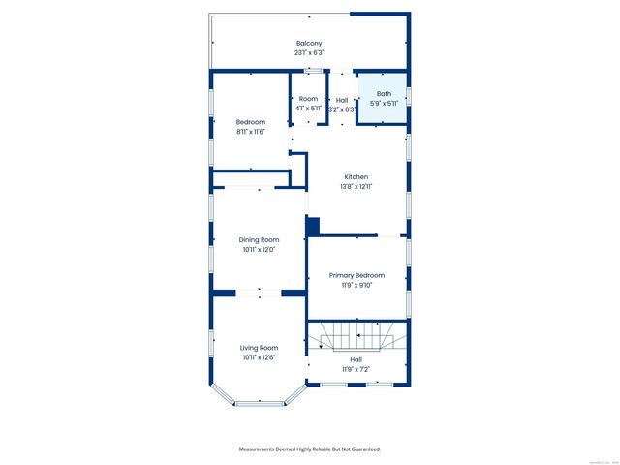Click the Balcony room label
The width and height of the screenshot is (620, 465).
[x=309, y=44]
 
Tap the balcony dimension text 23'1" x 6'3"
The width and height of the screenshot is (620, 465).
[x=309, y=53]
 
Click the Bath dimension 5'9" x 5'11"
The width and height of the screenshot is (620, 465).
[x=384, y=104]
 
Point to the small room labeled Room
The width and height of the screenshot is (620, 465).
[x=308, y=99]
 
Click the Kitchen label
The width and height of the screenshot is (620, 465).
[x=356, y=176]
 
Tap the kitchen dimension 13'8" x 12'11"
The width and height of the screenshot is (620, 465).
[x=356, y=186]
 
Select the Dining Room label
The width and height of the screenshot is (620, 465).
[x=260, y=239]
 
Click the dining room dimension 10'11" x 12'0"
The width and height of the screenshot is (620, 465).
[x=260, y=249]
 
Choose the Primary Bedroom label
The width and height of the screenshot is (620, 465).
[x=356, y=275]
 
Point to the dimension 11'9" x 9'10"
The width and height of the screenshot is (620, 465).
[x=356, y=285]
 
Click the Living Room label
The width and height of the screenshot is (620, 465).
[x=260, y=348]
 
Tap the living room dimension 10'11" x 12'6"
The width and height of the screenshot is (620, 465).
[x=260, y=357]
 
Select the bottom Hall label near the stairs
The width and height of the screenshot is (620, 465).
[x=356, y=359]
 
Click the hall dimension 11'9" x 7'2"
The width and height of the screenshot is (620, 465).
[x=356, y=369]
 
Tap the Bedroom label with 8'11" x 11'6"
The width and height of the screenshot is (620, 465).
[x=251, y=122]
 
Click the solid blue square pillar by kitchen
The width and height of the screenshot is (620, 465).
[x=313, y=226]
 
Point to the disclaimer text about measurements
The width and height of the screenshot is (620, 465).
[x=310, y=449]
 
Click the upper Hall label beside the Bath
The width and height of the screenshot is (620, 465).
[x=342, y=100]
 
